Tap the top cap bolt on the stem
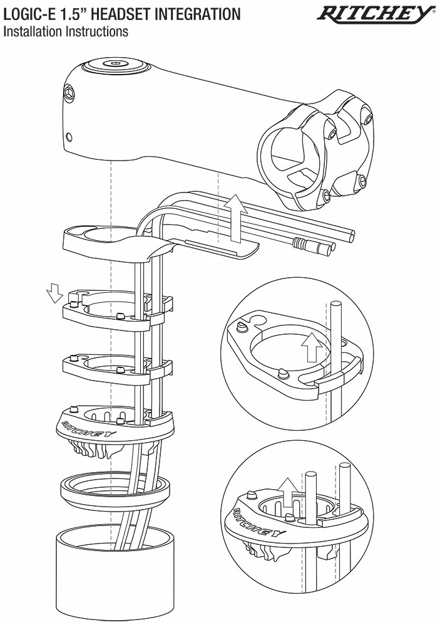[x=115, y=63]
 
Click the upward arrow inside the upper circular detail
[x=310, y=347]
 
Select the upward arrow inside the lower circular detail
[x=288, y=491]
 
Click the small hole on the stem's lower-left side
[x=69, y=136]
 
